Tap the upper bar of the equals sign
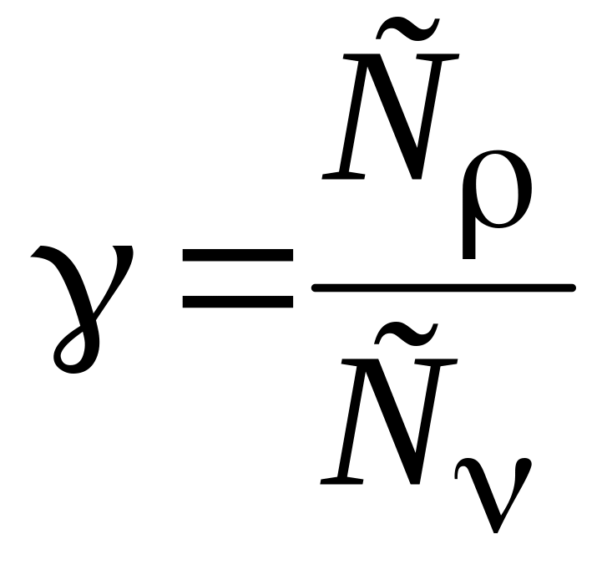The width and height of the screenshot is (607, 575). (x=238, y=255)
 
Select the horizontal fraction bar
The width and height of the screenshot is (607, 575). (x=443, y=287)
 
